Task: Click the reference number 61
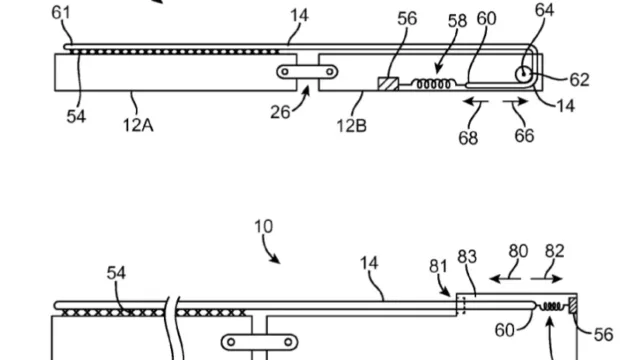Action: click(61, 12)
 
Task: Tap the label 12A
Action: click(138, 125)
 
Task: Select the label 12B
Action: click(351, 126)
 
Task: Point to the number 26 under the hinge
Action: click(280, 112)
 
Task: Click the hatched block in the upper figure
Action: click(388, 84)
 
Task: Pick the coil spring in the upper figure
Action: click(433, 84)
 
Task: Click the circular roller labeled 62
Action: click(523, 74)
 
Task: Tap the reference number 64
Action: click(544, 10)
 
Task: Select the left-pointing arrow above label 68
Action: click(476, 102)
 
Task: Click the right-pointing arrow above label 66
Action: click(516, 102)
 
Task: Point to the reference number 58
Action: click(457, 21)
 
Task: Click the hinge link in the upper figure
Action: click(307, 72)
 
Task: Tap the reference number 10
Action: click(263, 227)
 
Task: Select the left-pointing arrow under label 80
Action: click(505, 279)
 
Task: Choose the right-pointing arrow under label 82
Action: click(547, 279)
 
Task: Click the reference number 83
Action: click(467, 257)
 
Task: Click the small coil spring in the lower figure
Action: click(553, 306)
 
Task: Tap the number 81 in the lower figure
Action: click(438, 266)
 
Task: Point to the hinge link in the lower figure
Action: click(259, 342)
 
